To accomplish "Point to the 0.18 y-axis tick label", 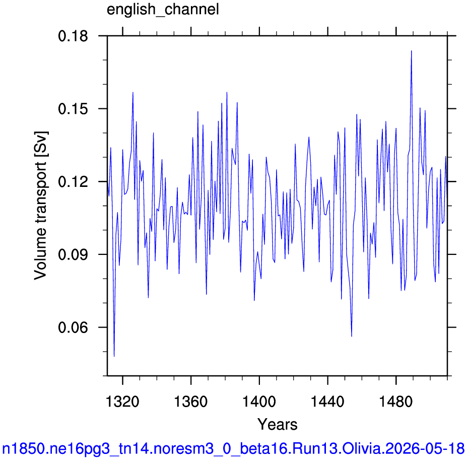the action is (73, 36).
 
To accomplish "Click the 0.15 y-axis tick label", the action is (73, 109).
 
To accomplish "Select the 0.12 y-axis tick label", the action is (73, 182).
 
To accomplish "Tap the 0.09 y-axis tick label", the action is (73, 255).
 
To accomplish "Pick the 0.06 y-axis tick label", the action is (73, 327).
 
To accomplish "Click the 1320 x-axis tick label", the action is (122, 402).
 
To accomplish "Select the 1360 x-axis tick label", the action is (190, 402).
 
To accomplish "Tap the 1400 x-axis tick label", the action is (259, 402).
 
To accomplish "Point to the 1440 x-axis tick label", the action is (327, 402).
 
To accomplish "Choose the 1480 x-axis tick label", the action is (396, 402).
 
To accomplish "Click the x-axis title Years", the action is (277, 424).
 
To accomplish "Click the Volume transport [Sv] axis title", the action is (41, 206).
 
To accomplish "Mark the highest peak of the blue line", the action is (411, 51).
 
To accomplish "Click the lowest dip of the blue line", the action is (114, 356).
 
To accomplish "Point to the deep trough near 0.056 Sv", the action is (352, 337).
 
